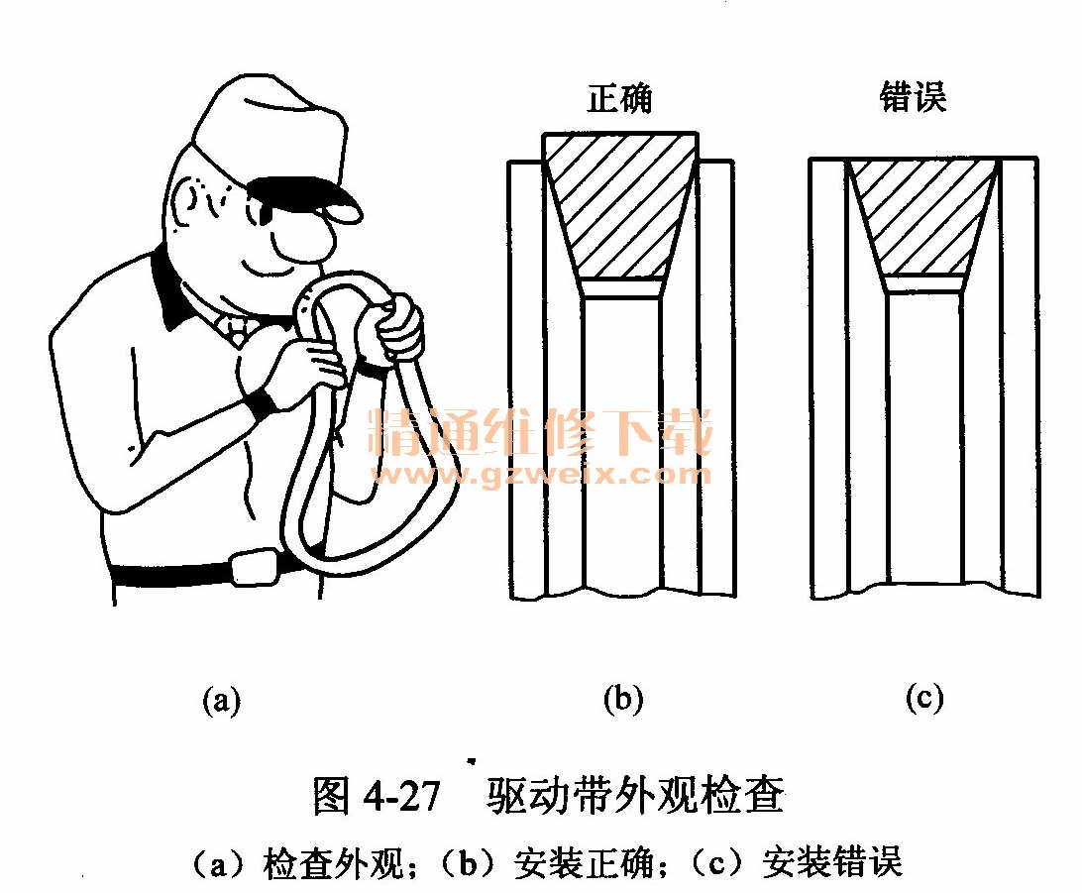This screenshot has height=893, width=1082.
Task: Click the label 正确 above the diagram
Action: [619, 99]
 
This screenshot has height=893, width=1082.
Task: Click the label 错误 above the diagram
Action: [913, 96]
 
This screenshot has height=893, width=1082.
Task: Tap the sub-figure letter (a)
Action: [222, 701]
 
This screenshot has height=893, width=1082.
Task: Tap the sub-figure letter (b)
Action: [622, 699]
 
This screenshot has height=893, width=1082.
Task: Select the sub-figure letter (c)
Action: [924, 698]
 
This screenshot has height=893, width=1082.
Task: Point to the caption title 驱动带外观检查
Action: [635, 796]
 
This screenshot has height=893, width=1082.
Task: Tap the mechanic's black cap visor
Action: [303, 195]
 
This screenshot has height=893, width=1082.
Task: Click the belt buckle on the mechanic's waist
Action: [254, 567]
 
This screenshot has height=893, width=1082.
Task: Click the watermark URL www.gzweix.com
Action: [540, 475]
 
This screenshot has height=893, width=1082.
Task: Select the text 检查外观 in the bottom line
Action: [334, 863]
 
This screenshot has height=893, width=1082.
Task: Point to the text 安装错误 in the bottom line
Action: [833, 862]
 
